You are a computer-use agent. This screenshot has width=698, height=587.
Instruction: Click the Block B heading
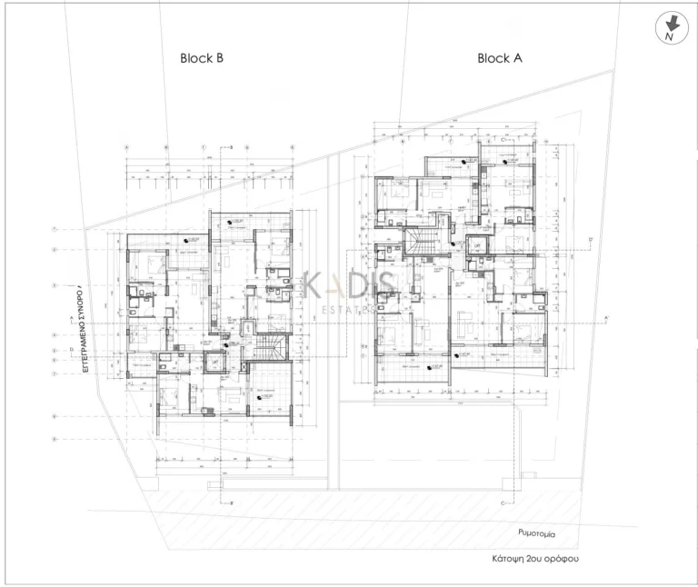click(x=202, y=58)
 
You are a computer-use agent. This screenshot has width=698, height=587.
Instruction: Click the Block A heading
click(x=499, y=58)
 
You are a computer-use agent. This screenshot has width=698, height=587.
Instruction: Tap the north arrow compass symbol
click(x=670, y=30)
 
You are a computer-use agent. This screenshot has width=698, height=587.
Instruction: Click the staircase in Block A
click(x=421, y=243)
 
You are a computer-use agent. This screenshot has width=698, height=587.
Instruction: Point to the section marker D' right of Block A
click(x=591, y=240)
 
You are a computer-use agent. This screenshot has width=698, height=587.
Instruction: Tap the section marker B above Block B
click(x=233, y=146)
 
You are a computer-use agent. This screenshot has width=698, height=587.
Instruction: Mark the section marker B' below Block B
click(x=233, y=502)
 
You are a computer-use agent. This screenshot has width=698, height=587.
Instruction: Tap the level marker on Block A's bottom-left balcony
click(x=412, y=367)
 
